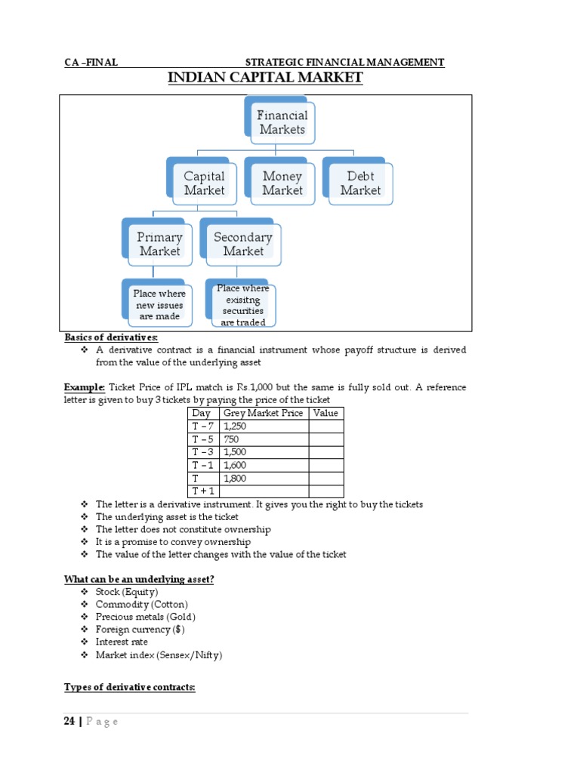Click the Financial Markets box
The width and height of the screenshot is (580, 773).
point(282,122)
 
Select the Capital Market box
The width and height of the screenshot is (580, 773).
point(204,183)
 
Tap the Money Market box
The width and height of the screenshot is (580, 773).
point(282,183)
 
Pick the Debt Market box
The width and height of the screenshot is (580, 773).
point(360,183)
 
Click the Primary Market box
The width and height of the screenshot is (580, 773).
point(159,244)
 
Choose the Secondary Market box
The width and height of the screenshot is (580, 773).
point(242,244)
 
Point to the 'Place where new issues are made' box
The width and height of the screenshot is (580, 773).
point(159,305)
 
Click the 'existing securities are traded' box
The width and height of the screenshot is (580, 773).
point(242,306)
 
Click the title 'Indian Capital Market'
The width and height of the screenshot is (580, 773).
point(264,78)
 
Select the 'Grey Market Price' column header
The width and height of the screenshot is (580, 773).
point(264,413)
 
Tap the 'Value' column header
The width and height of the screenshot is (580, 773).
point(325,413)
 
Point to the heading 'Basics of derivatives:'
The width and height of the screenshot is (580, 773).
point(111,337)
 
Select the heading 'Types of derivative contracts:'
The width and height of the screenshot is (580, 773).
point(129,687)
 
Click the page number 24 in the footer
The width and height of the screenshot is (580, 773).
point(69,722)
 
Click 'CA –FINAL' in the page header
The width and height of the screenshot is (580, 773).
point(91,63)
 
